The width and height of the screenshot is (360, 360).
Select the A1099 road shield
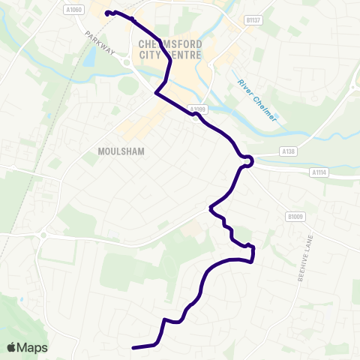pyautogui.click(x=196, y=109)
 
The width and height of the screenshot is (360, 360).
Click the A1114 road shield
pyautogui.click(x=319, y=172)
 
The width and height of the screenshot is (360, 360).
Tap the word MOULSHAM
pyautogui.click(x=121, y=151)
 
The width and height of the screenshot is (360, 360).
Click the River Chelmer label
pyautogui.click(x=257, y=100)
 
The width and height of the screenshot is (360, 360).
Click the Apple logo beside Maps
pyautogui.click(x=12, y=347)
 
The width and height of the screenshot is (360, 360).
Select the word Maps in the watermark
pyautogui.click(x=33, y=347)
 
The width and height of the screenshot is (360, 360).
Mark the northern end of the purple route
pyautogui.click(x=107, y=13)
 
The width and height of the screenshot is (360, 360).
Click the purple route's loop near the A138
pyautogui.click(x=246, y=160)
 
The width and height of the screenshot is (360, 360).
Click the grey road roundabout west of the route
pyautogui.click(x=43, y=235)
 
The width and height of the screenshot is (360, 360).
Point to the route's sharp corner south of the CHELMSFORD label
pyautogui.click(x=156, y=93)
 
